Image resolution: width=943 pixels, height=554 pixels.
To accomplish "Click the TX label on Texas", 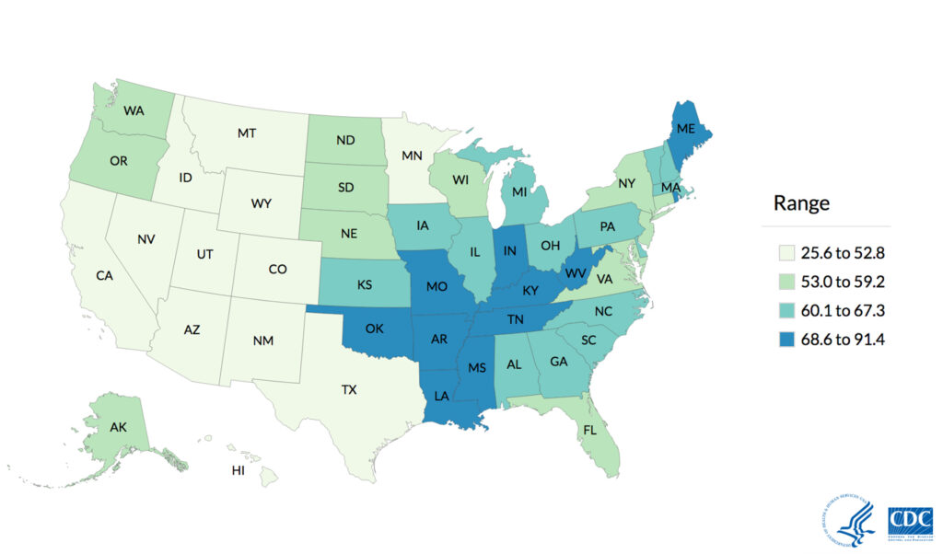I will (349, 390).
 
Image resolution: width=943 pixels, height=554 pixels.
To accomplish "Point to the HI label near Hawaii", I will (238, 471).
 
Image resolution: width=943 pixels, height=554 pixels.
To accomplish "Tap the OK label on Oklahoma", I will (375, 328).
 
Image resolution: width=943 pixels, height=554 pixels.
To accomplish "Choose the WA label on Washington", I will (134, 111).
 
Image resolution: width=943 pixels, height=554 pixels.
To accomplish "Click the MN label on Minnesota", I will (413, 156).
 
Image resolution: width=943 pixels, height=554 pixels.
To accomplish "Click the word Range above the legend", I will (801, 203).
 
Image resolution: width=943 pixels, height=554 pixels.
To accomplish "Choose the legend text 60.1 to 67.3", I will (844, 311).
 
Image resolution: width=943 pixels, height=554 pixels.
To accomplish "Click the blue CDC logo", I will (910, 521).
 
